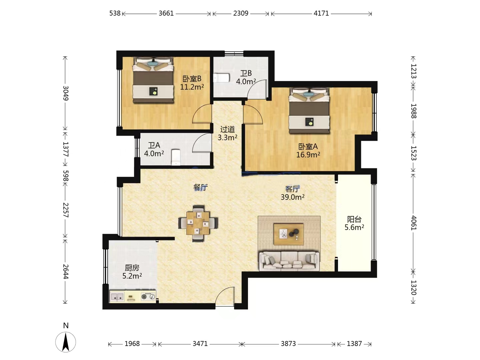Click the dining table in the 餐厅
click(x=198, y=223)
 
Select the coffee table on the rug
click(x=289, y=234)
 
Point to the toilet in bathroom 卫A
click(x=176, y=157)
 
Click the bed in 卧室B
click(x=153, y=80)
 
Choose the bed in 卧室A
click(x=309, y=110)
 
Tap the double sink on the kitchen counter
click(x=117, y=297)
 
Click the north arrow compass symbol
click(x=66, y=342)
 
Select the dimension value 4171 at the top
click(x=321, y=13)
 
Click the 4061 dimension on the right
click(x=414, y=223)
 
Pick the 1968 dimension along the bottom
click(x=132, y=344)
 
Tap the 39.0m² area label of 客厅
click(x=292, y=197)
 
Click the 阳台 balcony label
click(x=354, y=219)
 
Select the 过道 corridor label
click(x=227, y=129)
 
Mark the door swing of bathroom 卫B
click(x=257, y=89)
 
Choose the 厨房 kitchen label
click(x=132, y=268)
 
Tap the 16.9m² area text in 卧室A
click(x=308, y=155)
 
